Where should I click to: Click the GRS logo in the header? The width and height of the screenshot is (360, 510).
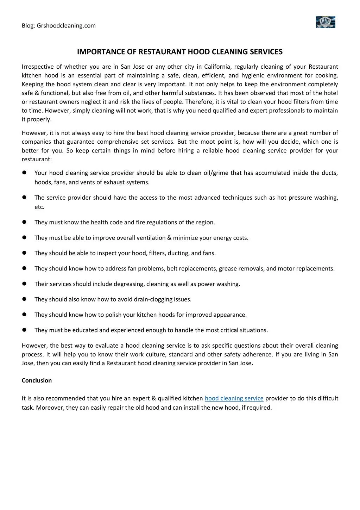[326, 22]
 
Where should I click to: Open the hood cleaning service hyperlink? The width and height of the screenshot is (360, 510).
[234, 398]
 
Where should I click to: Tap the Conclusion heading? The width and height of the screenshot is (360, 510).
[37, 381]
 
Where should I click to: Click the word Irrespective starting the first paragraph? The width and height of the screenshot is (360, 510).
[37, 67]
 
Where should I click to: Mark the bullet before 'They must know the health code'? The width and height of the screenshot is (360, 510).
[25, 222]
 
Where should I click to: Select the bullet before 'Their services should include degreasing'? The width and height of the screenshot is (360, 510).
[25, 284]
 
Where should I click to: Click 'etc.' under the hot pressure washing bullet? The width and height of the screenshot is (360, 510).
[39, 207]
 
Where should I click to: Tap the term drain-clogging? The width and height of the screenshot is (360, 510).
[153, 299]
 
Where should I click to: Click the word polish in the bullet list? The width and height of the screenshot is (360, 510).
[113, 315]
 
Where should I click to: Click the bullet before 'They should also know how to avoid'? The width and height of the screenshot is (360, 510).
[25, 299]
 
